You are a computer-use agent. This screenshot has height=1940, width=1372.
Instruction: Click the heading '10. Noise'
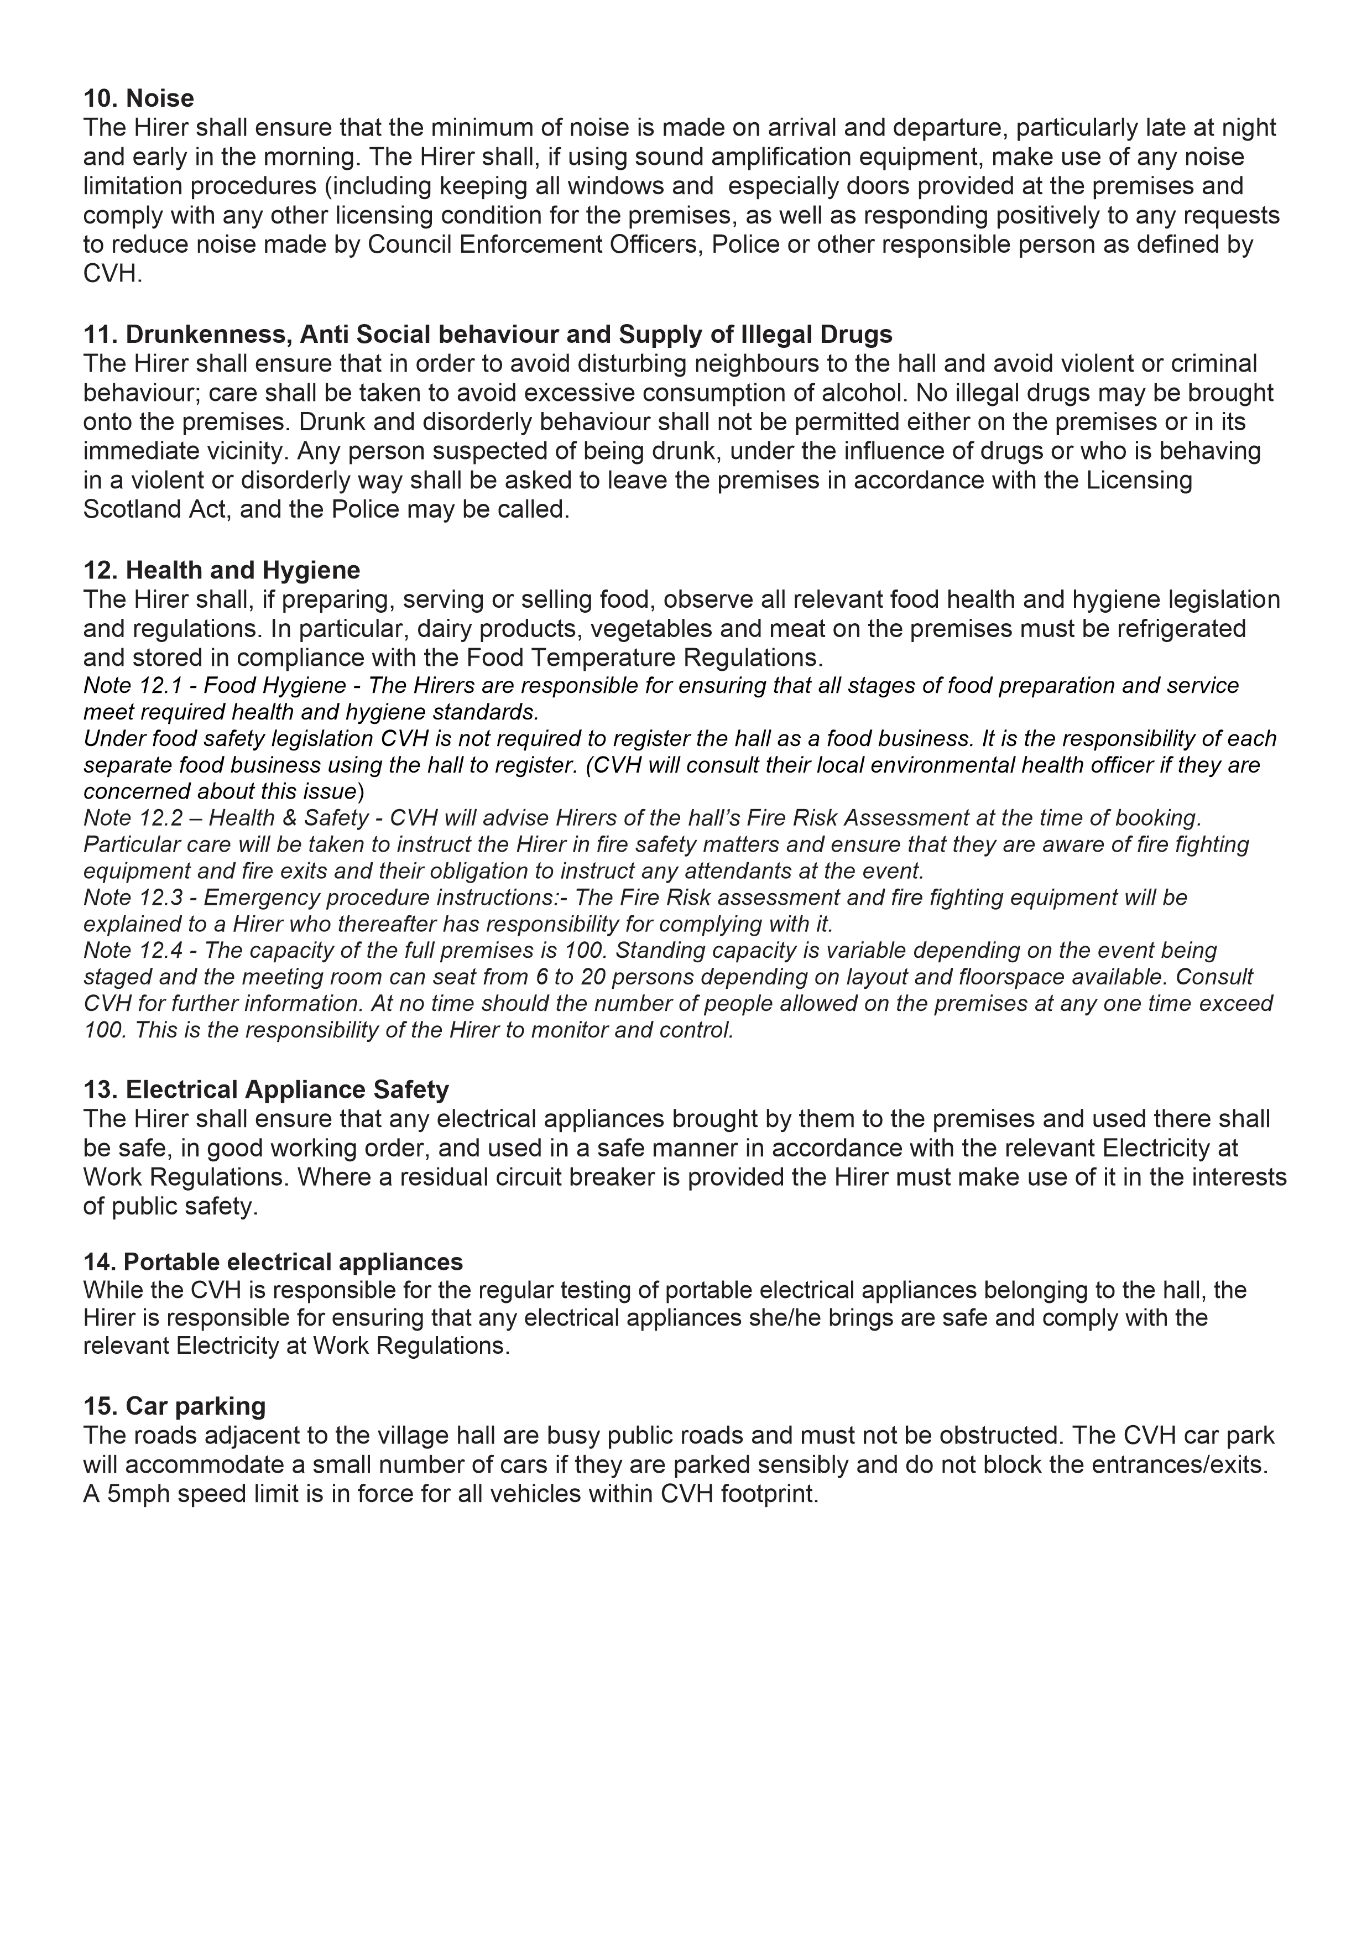139,99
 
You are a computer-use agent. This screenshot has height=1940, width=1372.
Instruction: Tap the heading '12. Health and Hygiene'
221,570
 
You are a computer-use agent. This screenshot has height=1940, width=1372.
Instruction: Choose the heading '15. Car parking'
174,1406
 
